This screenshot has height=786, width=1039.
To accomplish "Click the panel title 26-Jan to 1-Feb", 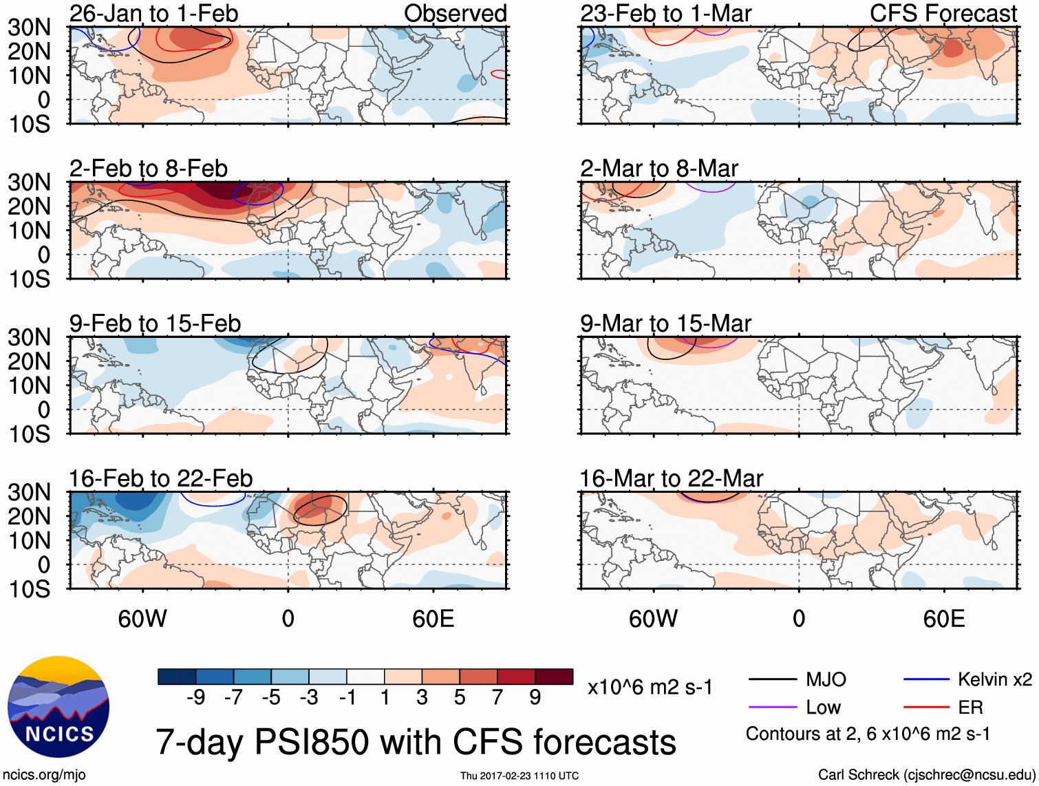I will coord(153,13).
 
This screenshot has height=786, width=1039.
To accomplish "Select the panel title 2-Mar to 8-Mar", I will coord(658,169).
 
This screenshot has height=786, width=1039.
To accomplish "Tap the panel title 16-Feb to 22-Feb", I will coord(160,478).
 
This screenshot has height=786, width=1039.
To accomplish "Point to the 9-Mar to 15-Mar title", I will coord(665,323).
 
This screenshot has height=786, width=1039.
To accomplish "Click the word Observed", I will coord(455,13).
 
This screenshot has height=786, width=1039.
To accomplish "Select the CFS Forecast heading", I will coord(943,13).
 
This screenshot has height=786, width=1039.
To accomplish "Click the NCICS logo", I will coord(58,707).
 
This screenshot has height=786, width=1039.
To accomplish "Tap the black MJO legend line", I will coord(773,680).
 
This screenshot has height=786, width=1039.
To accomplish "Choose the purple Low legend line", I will coord(773,708).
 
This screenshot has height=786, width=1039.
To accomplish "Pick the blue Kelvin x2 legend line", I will coord(926,680).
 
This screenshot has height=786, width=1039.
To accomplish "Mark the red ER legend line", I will coord(926,708).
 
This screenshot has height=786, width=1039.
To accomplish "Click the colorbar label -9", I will coord(195,698).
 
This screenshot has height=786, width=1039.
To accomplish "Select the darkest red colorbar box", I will coord(554,677).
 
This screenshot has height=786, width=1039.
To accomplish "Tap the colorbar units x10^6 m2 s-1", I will coord(650,688).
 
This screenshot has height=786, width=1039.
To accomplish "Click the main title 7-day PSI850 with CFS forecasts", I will coord(416,742).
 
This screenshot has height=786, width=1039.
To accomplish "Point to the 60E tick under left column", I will coord(433,619).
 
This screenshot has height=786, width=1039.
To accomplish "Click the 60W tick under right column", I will coord(653,619).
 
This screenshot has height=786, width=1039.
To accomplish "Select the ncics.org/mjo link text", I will coord(44,775).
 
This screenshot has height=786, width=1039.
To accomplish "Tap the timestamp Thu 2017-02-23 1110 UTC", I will coord(519,776).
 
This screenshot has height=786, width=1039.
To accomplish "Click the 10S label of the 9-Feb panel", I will coord(29,434).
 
